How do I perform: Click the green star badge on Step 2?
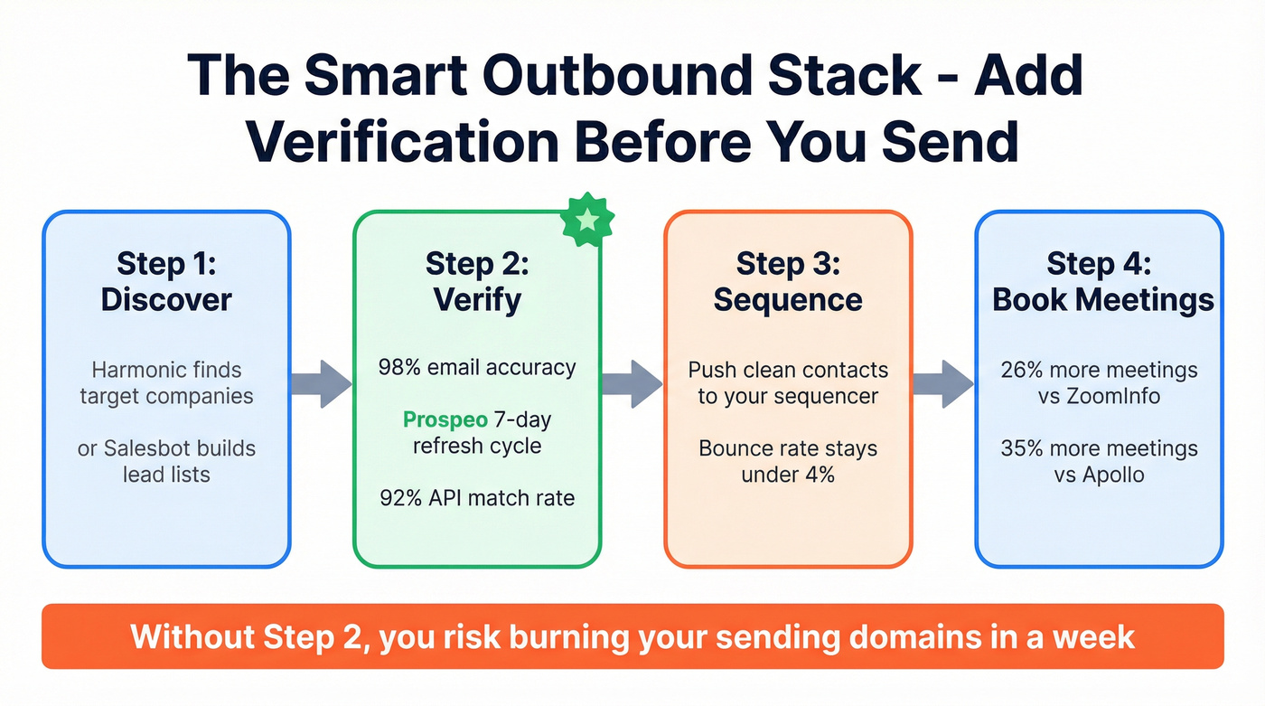[588, 219]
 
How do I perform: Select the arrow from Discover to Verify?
[322, 383]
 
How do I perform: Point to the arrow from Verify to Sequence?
[632, 383]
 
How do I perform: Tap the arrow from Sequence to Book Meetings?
[943, 383]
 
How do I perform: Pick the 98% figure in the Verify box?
[399, 368]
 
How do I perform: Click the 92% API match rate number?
[399, 498]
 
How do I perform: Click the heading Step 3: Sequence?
[788, 281]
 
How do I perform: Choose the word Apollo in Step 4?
[1112, 475]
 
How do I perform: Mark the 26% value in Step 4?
[1022, 370]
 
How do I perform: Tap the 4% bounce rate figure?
[815, 475]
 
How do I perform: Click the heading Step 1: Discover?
[166, 281]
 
